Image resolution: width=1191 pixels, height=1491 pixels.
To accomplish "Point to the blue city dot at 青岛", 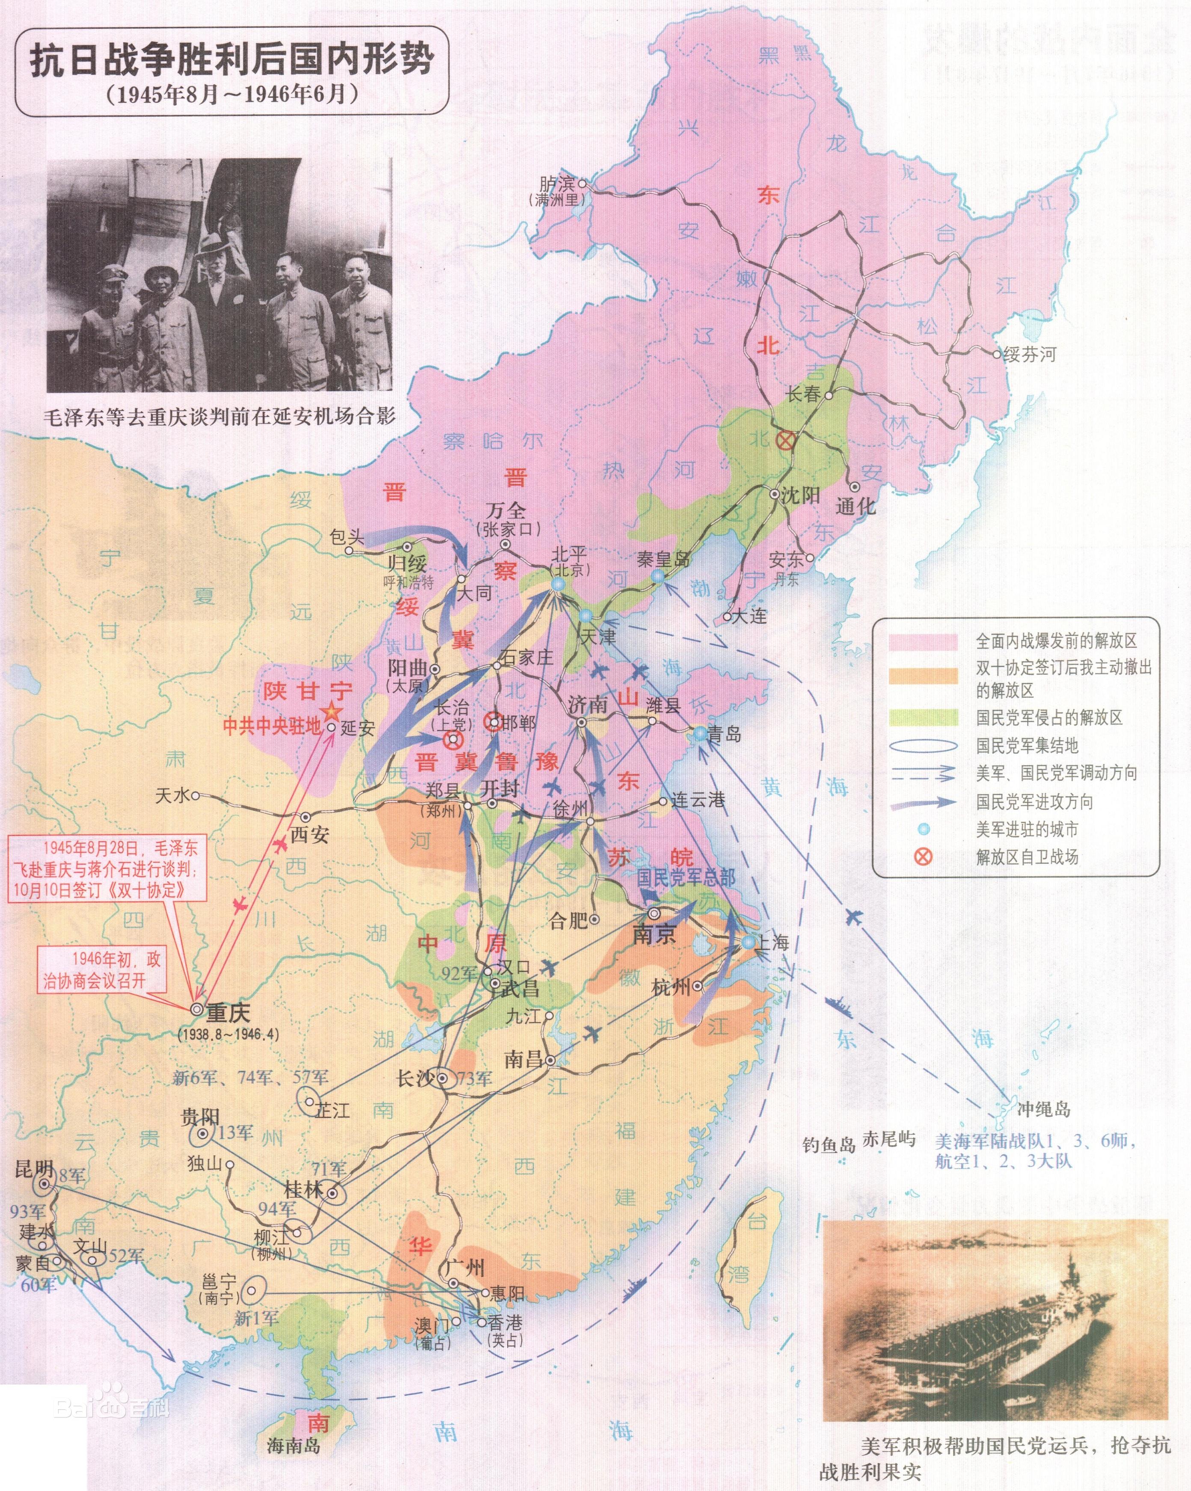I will pyautogui.click(x=700, y=734).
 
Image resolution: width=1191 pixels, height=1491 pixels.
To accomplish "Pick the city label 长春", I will pyautogui.click(x=803, y=394).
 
